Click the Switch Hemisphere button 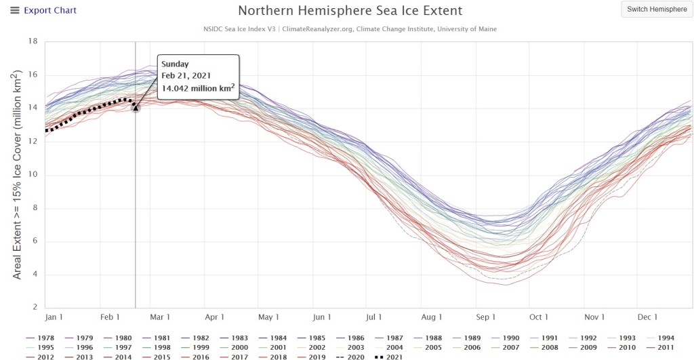[657, 9]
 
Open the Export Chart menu [43, 10]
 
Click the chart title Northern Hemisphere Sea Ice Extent [350, 11]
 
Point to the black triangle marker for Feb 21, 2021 [136, 108]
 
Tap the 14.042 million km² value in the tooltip [197, 87]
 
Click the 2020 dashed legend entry [350, 357]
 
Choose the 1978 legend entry [40, 338]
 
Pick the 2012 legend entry [40, 357]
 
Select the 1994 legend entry [660, 338]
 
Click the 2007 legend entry [505, 348]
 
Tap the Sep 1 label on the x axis [485, 317]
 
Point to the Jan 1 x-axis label [54, 317]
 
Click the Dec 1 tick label [647, 317]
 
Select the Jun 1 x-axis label [322, 317]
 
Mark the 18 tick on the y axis [33, 41]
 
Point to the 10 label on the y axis [33, 174]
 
